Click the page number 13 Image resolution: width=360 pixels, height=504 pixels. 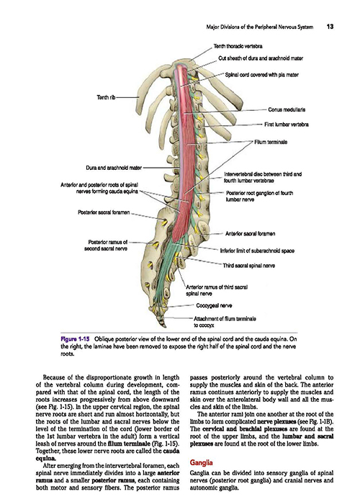tap(330, 27)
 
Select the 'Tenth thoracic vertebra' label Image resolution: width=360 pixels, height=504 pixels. tap(238, 46)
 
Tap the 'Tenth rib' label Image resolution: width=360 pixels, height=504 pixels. tap(106, 97)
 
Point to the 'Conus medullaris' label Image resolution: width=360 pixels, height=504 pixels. tap(287, 109)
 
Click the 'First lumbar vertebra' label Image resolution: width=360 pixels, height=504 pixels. tap(287, 125)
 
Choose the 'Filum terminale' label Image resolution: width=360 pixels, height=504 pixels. tap(271, 142)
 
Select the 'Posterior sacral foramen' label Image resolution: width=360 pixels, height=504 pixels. tap(104, 212)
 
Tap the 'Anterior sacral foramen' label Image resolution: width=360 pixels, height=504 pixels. tap(250, 234)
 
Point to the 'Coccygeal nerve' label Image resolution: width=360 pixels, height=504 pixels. tap(214, 305)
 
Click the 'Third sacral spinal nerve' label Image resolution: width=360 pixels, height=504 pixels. tap(249, 266)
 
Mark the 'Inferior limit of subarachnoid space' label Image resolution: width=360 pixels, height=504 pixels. tap(257, 251)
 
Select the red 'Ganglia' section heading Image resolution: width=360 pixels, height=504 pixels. tap(201, 463)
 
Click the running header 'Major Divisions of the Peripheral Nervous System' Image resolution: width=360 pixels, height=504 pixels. tap(260, 27)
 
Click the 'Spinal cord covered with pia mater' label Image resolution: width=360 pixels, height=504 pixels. tap(261, 75)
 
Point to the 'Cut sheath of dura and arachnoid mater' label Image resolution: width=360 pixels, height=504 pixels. tap(261, 58)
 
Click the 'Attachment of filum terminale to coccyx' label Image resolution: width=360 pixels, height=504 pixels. tap(225, 322)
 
